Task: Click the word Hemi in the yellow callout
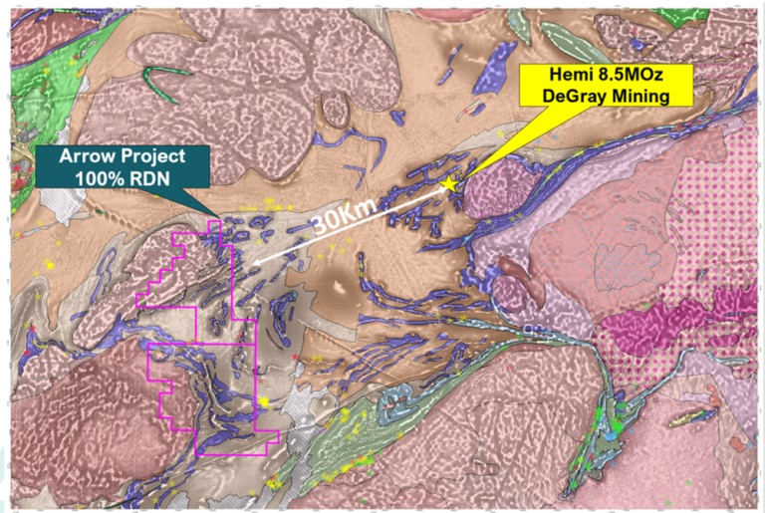[564, 75]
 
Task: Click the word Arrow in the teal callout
[87, 158]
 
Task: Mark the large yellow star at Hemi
[450, 184]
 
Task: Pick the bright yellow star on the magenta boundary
[264, 401]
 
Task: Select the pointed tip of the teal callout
[214, 213]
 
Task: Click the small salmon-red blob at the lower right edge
[736, 439]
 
